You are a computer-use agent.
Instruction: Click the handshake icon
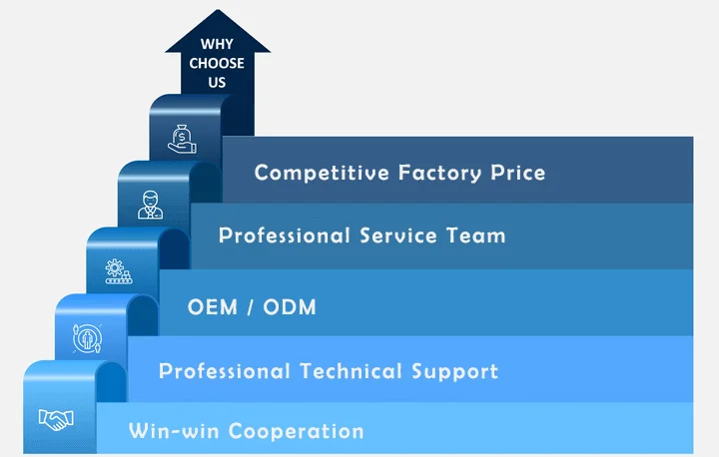tap(55, 420)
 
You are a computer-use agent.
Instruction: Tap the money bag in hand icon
tap(182, 135)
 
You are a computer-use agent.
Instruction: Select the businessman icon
tap(150, 205)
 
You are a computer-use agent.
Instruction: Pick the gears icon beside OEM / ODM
tap(118, 270)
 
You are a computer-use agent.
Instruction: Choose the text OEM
tap(212, 306)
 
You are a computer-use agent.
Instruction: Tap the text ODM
tap(290, 306)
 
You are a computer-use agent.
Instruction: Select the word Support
tap(454, 372)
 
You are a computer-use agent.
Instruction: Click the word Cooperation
tap(296, 431)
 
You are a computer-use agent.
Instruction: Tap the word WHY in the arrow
tap(218, 45)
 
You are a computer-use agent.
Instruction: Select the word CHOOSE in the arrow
tap(218, 64)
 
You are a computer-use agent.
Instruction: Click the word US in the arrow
tap(218, 83)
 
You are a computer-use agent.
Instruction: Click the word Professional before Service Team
tap(285, 236)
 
